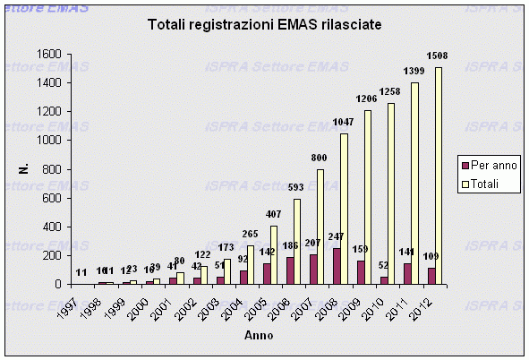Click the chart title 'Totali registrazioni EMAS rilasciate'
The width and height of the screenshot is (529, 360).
pyautogui.click(x=264, y=27)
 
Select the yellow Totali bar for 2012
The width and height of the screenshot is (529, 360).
pyautogui.click(x=439, y=176)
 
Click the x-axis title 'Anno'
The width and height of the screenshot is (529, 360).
pyautogui.click(x=260, y=335)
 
